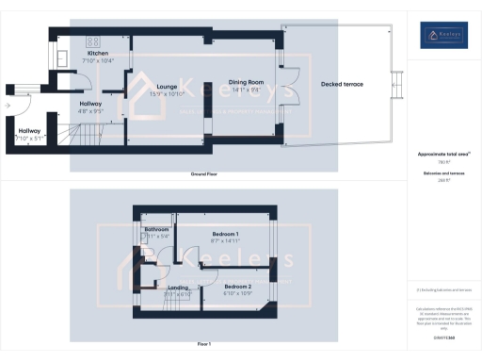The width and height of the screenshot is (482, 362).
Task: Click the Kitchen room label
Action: (x=98, y=54)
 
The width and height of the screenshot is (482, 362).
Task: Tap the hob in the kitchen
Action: (x=93, y=41)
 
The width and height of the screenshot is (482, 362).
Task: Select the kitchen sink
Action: (x=61, y=58)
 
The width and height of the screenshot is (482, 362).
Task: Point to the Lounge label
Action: (x=168, y=86)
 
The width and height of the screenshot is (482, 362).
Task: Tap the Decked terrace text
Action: (x=341, y=85)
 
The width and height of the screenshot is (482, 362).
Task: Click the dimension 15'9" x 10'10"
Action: (x=168, y=94)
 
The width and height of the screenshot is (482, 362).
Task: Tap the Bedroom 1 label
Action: (x=224, y=233)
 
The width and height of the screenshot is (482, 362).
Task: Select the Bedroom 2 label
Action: (x=237, y=286)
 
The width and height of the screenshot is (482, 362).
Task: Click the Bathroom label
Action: (x=156, y=229)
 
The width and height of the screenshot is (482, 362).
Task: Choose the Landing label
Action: (x=179, y=288)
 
